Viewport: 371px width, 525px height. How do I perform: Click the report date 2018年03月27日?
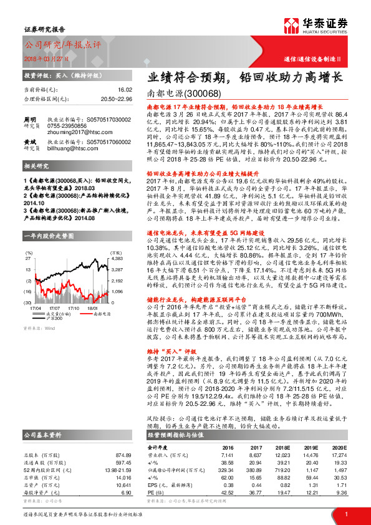(x=47, y=57)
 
